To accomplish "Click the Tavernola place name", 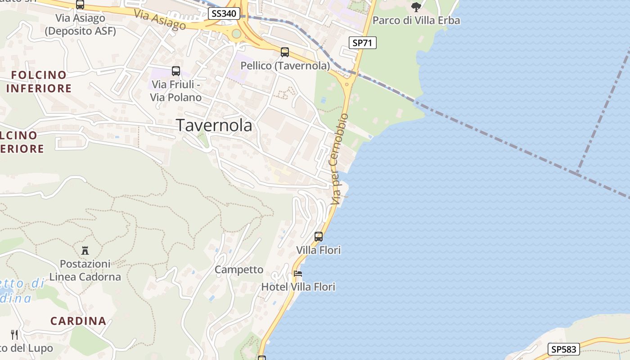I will [214, 125].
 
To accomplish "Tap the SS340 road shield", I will [224, 13].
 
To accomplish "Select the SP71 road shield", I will [362, 43].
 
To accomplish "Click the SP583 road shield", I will [563, 349].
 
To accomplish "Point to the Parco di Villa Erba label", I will [416, 21].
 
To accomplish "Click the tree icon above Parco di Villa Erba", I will [416, 7].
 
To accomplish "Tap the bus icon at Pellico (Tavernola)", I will [285, 52].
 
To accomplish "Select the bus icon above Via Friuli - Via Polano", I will [175, 71].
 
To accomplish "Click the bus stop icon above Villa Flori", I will [319, 236].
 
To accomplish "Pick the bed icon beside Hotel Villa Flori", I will [297, 273].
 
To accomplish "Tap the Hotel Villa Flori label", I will [298, 287].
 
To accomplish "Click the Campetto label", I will [239, 270].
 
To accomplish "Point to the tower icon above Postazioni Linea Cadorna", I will [85, 250].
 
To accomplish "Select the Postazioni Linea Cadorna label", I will [85, 270].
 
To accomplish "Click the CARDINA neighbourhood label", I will [78, 321].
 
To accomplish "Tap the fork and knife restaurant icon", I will [14, 334].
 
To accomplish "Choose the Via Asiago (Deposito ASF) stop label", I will [81, 25].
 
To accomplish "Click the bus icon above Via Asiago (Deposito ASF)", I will [80, 5].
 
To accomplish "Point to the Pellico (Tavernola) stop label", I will [285, 66].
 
